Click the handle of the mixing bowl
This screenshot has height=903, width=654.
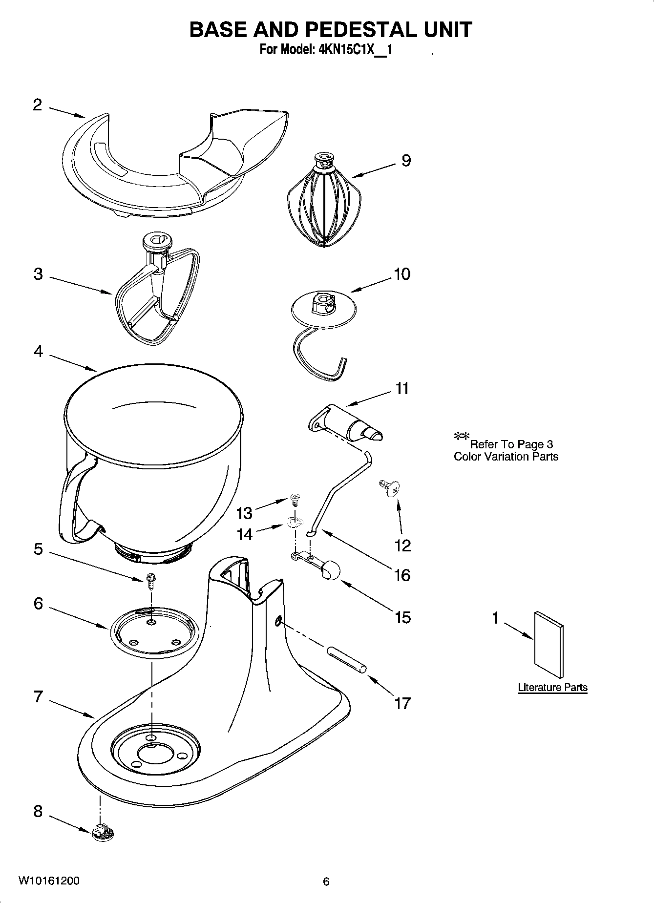(73, 503)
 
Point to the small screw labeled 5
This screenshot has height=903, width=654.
(150, 581)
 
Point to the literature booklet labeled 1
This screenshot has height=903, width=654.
(549, 645)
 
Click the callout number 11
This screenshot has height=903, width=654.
(402, 389)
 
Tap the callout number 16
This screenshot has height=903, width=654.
(402, 575)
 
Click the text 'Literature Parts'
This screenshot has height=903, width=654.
(552, 687)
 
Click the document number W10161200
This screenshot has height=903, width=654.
(49, 881)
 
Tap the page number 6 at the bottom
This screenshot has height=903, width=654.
(326, 882)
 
